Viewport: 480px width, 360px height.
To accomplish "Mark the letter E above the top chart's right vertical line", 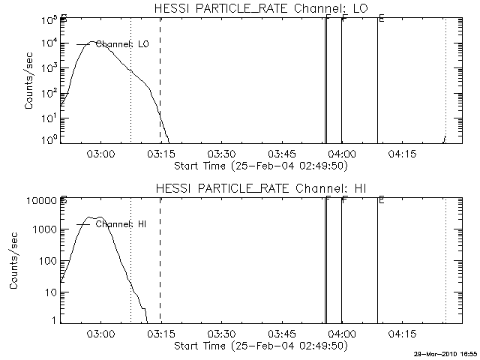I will coord(381,19).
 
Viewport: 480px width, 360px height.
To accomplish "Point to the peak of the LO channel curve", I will coord(91,42).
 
